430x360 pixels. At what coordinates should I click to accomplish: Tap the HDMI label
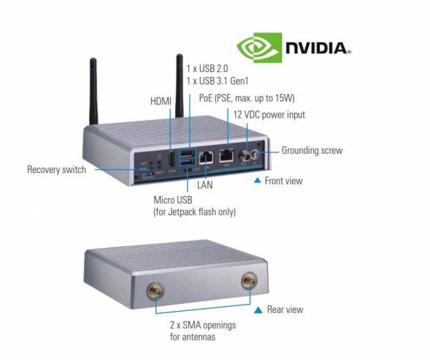coord(161,101)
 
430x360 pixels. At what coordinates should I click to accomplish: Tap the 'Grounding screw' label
coord(312,150)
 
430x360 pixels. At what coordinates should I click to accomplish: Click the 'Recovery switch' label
coord(57,169)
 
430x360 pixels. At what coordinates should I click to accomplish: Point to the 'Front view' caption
coord(283,181)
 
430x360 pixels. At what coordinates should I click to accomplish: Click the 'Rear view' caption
coord(285,309)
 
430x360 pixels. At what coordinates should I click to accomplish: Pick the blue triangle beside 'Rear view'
coord(259,309)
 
